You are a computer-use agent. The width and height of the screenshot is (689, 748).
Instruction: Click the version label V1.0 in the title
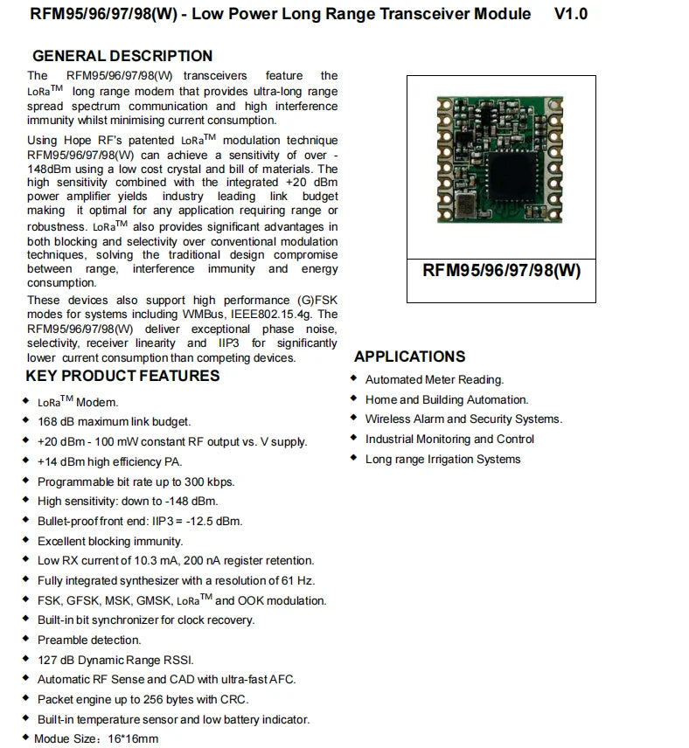point(571,14)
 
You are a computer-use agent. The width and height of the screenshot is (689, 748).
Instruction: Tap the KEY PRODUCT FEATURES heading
point(122,376)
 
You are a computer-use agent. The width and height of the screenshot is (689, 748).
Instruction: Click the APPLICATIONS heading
point(409,357)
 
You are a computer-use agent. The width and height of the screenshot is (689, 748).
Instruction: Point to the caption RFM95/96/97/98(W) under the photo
point(501,270)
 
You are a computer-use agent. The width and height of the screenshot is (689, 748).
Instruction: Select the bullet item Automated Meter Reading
point(435,379)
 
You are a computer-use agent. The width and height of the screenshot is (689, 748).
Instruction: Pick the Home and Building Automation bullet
point(447,399)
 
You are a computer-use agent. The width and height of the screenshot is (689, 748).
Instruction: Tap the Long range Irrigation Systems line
point(442,459)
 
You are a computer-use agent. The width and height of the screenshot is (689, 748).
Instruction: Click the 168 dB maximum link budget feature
point(114,421)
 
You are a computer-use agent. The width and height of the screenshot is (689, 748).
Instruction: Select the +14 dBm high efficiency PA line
point(109,461)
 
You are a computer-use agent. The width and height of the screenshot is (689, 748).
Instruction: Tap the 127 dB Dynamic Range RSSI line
point(115,660)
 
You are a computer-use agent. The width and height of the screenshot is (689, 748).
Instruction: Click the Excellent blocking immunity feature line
point(110,541)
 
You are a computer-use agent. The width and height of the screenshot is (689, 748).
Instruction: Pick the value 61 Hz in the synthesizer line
point(299,580)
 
